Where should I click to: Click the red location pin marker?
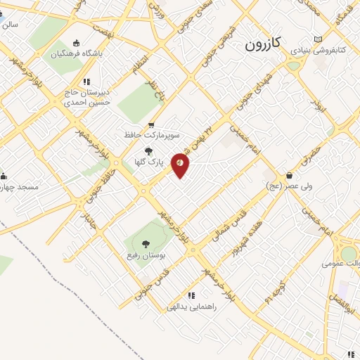tap(181, 165)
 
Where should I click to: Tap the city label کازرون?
tap(263, 44)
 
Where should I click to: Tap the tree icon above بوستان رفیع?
tap(146, 245)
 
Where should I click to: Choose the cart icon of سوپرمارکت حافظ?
tap(151, 124)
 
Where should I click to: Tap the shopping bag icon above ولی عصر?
tap(289, 175)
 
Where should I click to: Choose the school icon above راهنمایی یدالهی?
tap(191, 295)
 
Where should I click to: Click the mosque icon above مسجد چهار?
tap(3, 176)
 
